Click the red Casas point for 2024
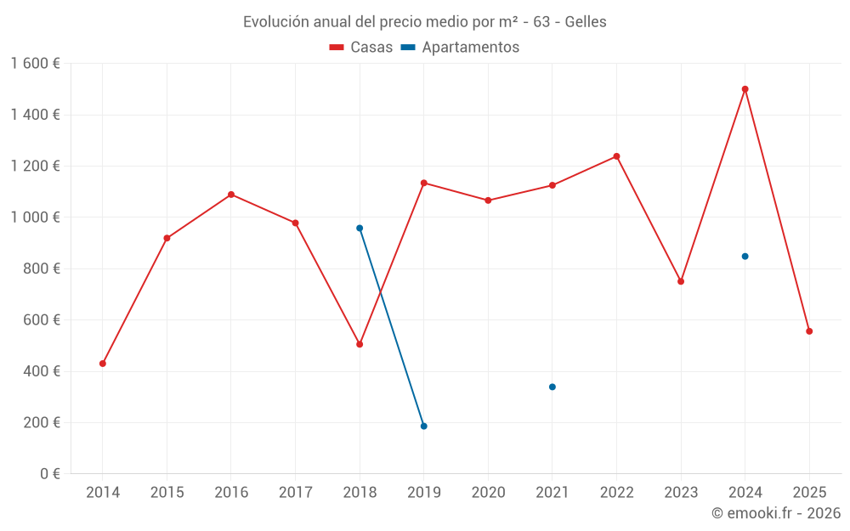[745, 89]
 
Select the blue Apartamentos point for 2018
[360, 228]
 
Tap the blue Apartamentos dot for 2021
[552, 387]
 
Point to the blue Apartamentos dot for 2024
[745, 256]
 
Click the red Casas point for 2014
[103, 364]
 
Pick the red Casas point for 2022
[616, 156]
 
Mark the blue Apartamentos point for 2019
[423, 426]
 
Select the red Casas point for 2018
[360, 344]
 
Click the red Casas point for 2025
[809, 331]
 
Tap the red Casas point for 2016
[231, 195]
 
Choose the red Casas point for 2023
[681, 281]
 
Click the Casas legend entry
[361, 48]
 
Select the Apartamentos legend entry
[460, 48]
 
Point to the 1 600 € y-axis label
[35, 64]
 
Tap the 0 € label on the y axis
[50, 474]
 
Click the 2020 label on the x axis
[488, 492]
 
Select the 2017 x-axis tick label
[295, 492]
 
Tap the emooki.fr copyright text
[775, 513]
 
